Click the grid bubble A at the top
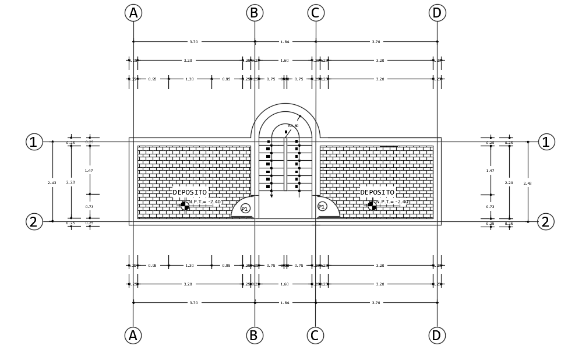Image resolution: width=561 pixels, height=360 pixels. [x=133, y=13]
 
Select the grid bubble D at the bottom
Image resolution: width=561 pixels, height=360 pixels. [x=437, y=336]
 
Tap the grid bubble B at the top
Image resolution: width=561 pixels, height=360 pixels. [x=255, y=13]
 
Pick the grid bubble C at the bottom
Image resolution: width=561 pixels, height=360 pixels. [x=315, y=336]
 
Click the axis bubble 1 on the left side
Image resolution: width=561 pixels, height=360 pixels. [x=34, y=142]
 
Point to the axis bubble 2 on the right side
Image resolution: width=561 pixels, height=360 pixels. [x=545, y=222]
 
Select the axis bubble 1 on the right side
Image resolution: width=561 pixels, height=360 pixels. [x=546, y=142]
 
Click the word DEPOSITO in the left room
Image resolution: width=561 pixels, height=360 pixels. [x=189, y=192]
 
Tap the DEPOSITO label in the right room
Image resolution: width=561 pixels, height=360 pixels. [x=377, y=192]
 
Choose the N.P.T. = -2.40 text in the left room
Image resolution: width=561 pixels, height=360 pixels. [x=204, y=202]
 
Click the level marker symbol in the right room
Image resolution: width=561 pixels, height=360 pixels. [x=372, y=206]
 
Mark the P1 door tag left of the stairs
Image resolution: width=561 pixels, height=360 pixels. [x=245, y=209]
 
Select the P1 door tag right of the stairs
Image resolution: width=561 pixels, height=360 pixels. [x=322, y=206]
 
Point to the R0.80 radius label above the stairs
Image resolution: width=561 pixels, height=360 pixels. [x=293, y=126]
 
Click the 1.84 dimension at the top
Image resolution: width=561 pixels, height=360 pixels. [x=285, y=42]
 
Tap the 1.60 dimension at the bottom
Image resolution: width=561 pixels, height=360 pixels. [x=285, y=284]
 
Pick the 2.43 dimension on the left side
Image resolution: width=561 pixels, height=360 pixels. [x=52, y=183]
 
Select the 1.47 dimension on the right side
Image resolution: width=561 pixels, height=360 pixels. [x=490, y=171]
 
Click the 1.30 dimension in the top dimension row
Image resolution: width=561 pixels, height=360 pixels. [x=189, y=79]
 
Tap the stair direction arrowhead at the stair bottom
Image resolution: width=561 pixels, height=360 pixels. [x=271, y=196]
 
